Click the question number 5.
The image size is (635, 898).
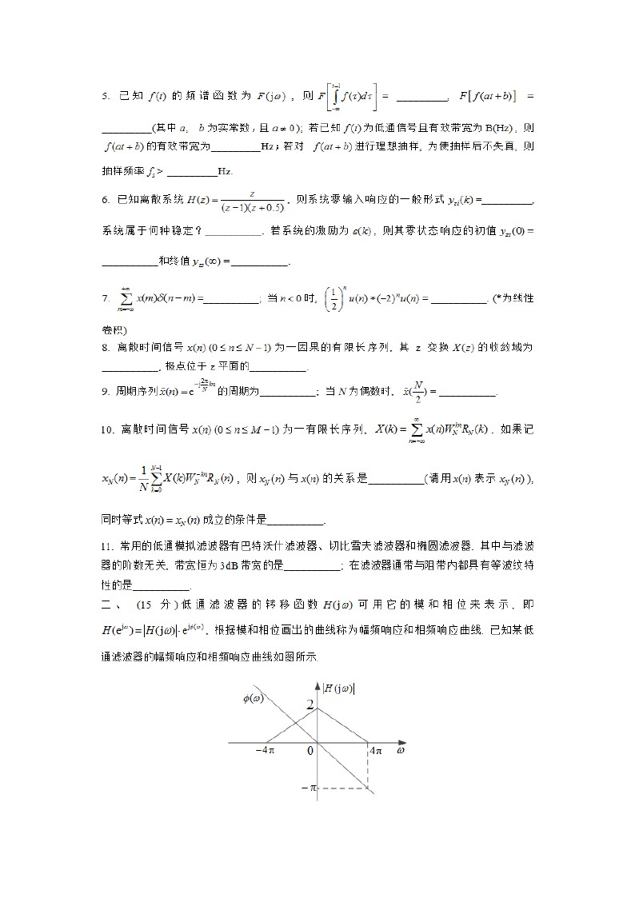coord(106,98)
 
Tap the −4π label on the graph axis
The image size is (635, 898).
coord(266,752)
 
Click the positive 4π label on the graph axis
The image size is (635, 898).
coord(376,752)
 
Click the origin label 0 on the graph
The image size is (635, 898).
coord(311,752)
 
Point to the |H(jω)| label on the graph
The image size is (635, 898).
coord(339,687)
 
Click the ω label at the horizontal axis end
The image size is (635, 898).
coord(400,752)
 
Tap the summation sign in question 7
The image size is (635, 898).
coord(126,298)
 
